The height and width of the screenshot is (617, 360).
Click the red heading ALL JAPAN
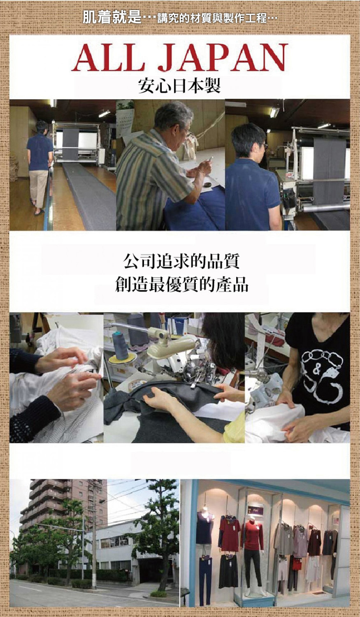pyautogui.click(x=180, y=57)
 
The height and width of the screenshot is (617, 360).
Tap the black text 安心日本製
pyautogui.click(x=179, y=86)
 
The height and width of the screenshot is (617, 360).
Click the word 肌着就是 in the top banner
pyautogui.click(x=112, y=17)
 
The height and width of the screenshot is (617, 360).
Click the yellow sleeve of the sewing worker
pyautogui.click(x=234, y=427)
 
